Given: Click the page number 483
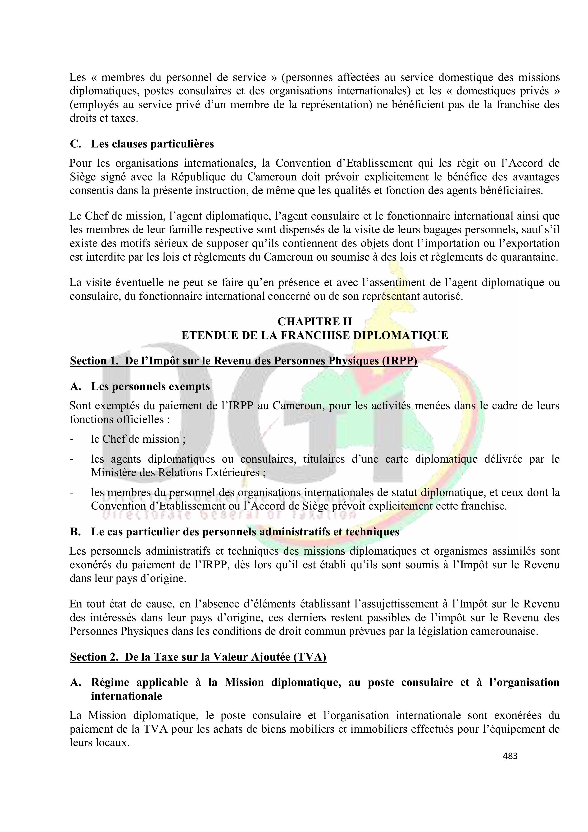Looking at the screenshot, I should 510,756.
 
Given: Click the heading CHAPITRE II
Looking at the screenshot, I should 315,322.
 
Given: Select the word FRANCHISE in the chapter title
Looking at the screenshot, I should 315,335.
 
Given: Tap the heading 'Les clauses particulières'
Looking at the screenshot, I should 152,144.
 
